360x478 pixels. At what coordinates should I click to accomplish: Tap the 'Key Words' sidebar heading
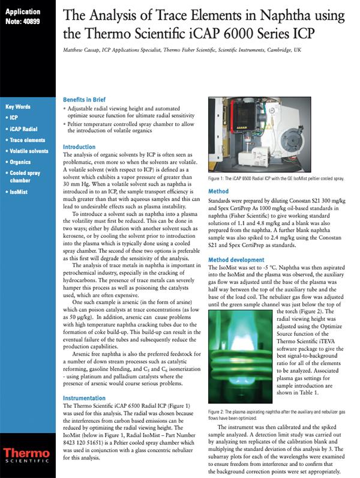coord(19,106)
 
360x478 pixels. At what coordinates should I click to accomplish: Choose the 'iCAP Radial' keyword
coord(24,129)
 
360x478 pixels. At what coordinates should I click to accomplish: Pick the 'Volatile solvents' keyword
coord(29,151)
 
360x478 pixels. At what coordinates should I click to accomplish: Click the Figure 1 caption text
coord(277,178)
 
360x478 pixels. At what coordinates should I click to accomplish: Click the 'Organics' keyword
coord(22,162)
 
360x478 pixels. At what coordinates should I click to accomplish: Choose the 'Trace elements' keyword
coord(27,139)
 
